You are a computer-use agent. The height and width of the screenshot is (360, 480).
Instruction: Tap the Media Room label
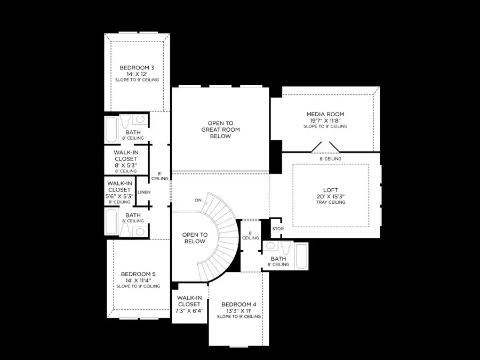(x=325, y=114)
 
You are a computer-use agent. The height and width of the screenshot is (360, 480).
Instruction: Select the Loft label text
(x=331, y=189)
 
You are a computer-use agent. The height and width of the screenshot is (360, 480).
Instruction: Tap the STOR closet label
(x=278, y=229)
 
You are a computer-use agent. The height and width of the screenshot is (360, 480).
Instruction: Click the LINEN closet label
(x=143, y=192)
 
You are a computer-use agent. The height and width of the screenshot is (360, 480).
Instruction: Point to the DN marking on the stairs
(x=198, y=201)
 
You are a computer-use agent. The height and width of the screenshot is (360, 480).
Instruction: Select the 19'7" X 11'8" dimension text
(x=325, y=121)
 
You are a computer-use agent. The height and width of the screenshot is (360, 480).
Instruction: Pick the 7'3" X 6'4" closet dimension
(x=189, y=310)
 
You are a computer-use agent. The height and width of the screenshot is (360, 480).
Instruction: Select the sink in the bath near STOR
(x=270, y=246)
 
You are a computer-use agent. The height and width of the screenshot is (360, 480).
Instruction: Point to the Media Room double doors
(x=325, y=147)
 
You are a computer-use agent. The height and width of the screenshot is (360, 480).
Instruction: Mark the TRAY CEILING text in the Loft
(x=331, y=202)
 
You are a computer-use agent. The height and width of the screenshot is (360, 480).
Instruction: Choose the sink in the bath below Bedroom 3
(x=140, y=119)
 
